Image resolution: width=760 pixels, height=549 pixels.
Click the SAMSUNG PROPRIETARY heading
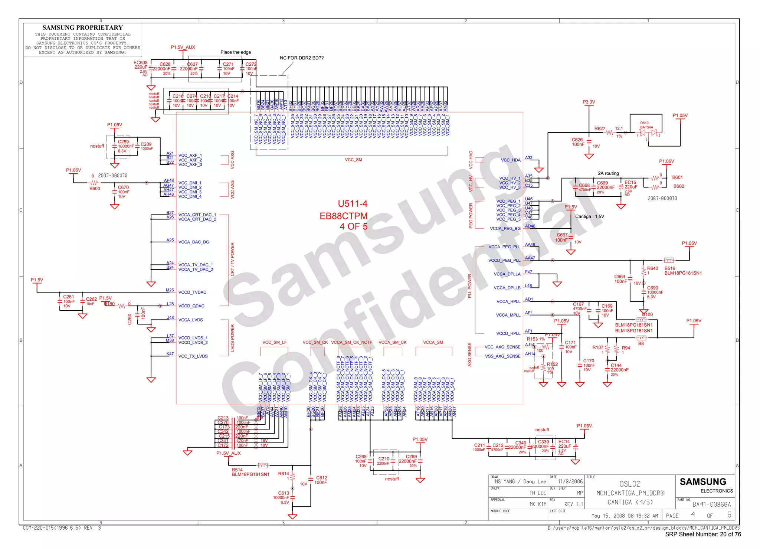coord(82,27)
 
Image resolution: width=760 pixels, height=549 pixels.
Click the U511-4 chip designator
coord(352,204)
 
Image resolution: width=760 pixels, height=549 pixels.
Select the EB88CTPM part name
coord(343,216)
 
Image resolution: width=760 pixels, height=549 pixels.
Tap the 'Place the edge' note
coord(236,52)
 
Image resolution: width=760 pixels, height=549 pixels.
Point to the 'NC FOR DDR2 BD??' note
coord(301,58)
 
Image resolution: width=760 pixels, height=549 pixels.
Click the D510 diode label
coord(644,123)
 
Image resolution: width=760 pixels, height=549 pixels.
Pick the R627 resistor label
coord(600,129)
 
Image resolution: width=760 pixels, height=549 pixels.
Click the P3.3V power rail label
coord(589,102)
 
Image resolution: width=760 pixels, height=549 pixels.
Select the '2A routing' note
coord(608,173)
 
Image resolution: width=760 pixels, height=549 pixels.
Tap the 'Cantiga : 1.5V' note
coord(590,216)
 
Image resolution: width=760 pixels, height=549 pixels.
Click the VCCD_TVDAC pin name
coord(192,293)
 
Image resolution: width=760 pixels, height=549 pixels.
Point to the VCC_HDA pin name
coord(511,160)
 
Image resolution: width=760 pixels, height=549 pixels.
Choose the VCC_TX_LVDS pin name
coord(193,356)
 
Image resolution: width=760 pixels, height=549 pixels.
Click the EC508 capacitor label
coord(140,63)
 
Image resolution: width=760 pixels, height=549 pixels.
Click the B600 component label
coord(95,189)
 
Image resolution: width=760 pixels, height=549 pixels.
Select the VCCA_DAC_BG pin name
coord(194,242)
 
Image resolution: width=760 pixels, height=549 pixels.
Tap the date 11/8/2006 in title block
coord(570,481)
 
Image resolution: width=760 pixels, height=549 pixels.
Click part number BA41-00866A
coord(711,504)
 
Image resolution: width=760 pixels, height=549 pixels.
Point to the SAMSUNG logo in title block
coord(703,482)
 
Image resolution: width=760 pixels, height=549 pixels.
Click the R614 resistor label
coord(284,474)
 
